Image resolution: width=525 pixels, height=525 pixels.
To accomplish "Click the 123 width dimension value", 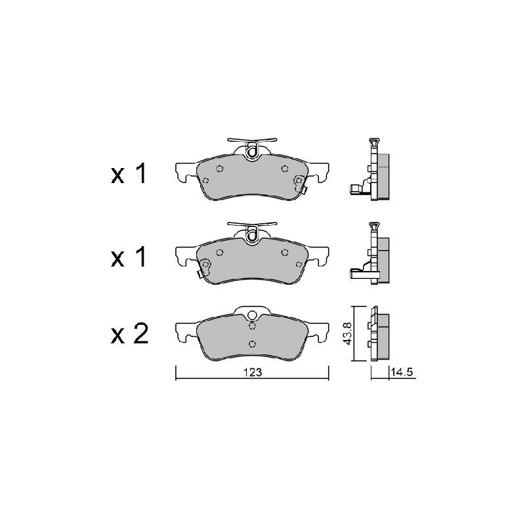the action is pos(253,372).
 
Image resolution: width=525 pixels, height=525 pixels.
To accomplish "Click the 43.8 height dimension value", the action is pos(347,333).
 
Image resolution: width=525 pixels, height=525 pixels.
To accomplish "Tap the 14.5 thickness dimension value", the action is pos(402,372).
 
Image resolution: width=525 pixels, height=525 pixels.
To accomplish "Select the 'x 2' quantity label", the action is pos(129,334).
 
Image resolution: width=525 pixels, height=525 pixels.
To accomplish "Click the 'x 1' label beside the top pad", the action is pos(129,174).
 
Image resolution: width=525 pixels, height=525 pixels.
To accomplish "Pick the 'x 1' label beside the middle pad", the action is pos(129,257).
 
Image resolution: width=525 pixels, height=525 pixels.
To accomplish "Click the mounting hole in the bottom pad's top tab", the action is pos(252,315).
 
